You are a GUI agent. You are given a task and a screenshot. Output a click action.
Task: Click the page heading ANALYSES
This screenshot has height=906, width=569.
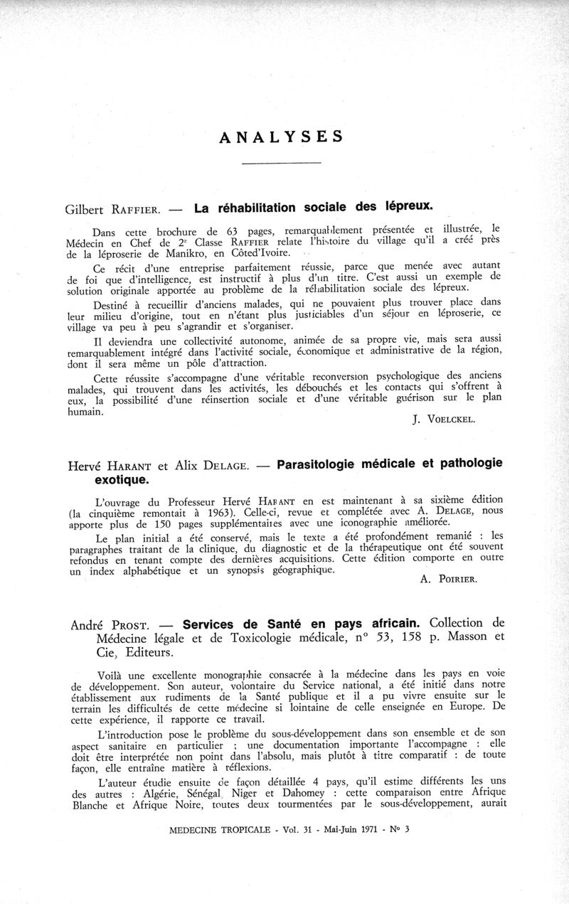pyautogui.click(x=281, y=137)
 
